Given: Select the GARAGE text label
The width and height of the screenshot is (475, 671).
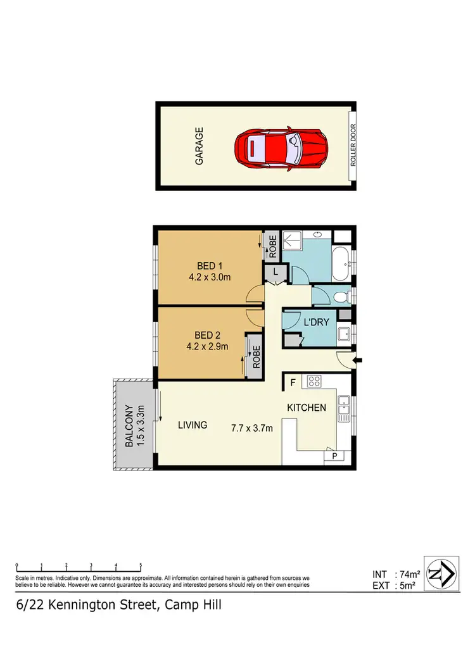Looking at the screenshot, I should click(x=199, y=146).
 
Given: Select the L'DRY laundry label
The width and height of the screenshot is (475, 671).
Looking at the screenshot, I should click(x=316, y=323).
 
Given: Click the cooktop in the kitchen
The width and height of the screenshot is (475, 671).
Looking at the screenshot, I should click(x=315, y=381).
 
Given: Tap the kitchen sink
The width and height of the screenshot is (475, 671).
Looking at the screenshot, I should click(x=344, y=408).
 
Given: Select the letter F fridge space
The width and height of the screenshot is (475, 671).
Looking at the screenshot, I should click(x=293, y=382).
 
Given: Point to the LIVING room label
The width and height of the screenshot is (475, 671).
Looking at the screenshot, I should click(x=192, y=425).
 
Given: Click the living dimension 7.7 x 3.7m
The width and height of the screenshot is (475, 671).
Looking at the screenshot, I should click(x=251, y=428).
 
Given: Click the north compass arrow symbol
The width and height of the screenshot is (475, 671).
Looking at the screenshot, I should click(x=440, y=574).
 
